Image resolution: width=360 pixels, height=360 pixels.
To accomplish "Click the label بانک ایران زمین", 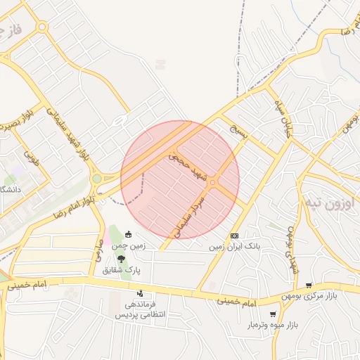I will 235,247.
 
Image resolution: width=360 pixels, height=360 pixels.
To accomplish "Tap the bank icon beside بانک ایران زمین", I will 234,236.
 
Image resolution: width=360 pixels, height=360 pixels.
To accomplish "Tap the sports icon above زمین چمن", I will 128,235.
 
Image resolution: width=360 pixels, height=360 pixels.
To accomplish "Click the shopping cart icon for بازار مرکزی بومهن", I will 309,285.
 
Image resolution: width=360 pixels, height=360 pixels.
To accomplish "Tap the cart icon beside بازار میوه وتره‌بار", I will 273,314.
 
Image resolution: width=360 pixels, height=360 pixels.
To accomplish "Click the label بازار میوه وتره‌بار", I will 274,326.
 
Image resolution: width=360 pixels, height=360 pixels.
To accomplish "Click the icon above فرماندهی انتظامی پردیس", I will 140,293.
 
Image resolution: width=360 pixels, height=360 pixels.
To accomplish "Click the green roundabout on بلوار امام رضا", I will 96,179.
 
